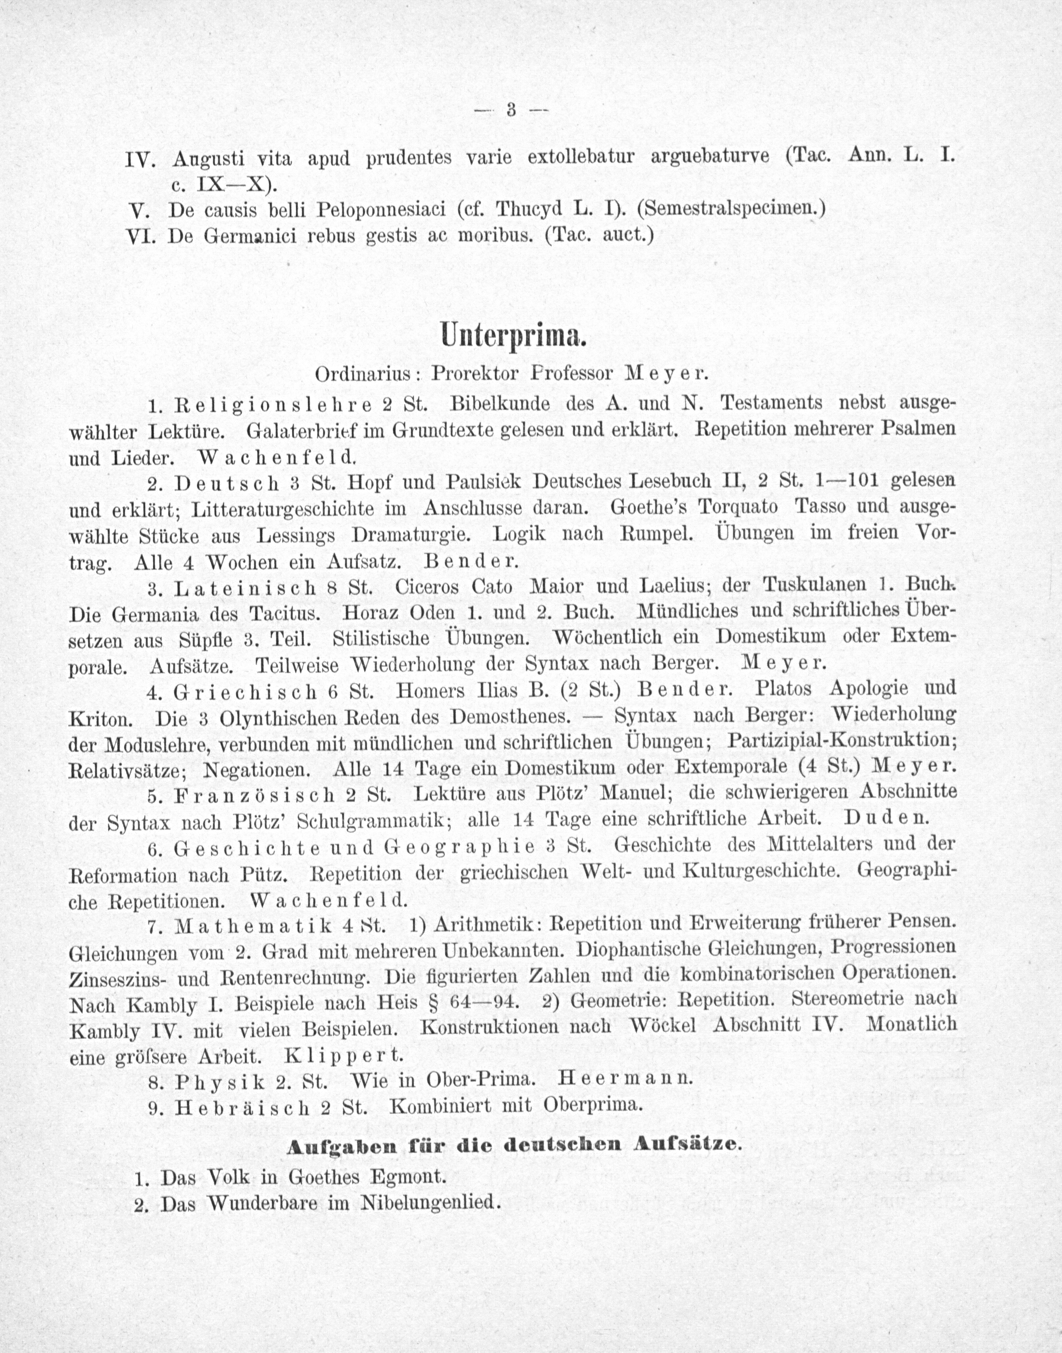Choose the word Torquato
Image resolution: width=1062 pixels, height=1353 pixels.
click(x=738, y=507)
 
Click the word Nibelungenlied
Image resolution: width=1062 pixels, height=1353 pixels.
click(x=429, y=1204)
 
